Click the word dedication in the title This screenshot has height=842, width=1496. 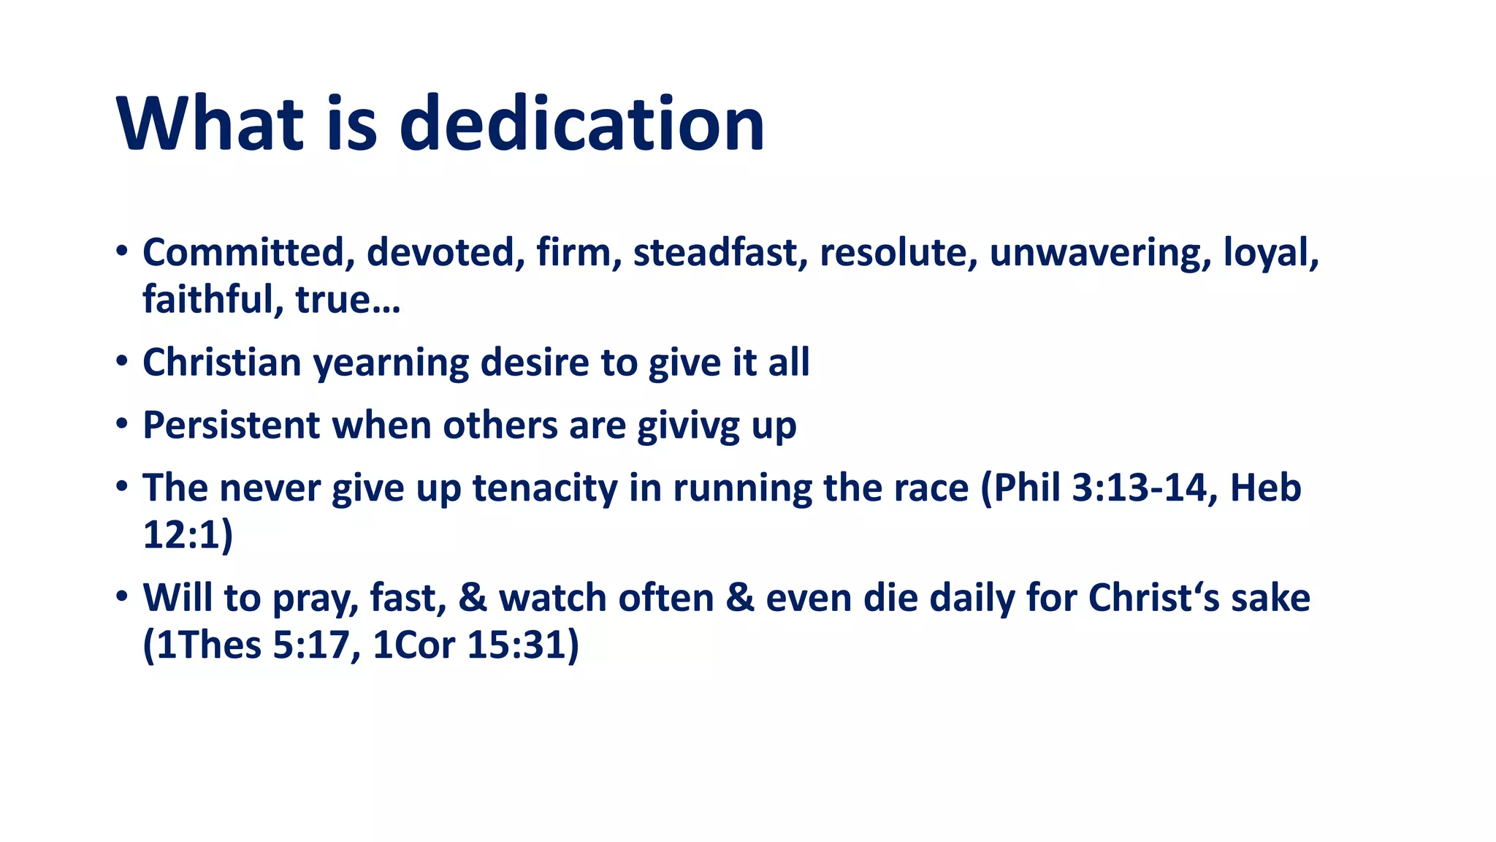click(581, 124)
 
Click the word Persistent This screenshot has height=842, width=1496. click(231, 425)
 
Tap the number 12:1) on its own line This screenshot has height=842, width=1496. click(187, 535)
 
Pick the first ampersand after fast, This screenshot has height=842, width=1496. click(473, 598)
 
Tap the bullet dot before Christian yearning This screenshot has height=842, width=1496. click(121, 361)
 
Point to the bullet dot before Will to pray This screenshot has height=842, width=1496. click(121, 596)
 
